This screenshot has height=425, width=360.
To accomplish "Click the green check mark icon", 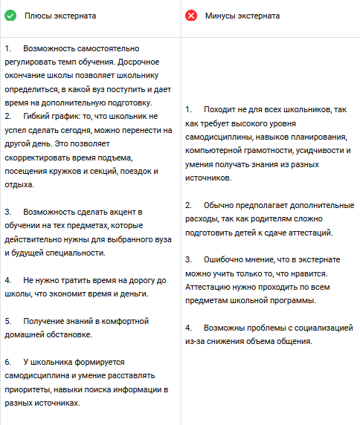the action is click(x=10, y=15).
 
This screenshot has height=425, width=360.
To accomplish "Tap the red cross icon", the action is click(x=191, y=15).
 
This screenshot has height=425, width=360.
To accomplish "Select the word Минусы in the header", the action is click(x=222, y=15).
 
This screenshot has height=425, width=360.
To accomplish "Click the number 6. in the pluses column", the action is click(x=7, y=362).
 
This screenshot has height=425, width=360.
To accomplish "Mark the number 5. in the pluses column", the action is click(x=7, y=321).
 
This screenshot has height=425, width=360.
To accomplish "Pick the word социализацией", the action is click(x=322, y=328).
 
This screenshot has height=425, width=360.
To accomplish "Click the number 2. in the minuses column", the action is click(x=189, y=205).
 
